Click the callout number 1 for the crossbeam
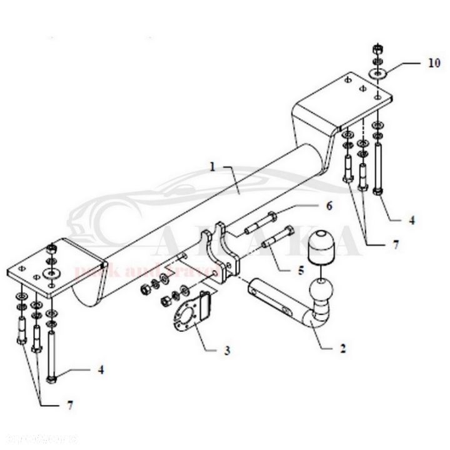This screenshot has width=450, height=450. coord(212,167)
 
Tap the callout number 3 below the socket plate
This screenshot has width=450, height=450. coord(226,351)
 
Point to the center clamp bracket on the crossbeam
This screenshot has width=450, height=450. coord(224,253)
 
